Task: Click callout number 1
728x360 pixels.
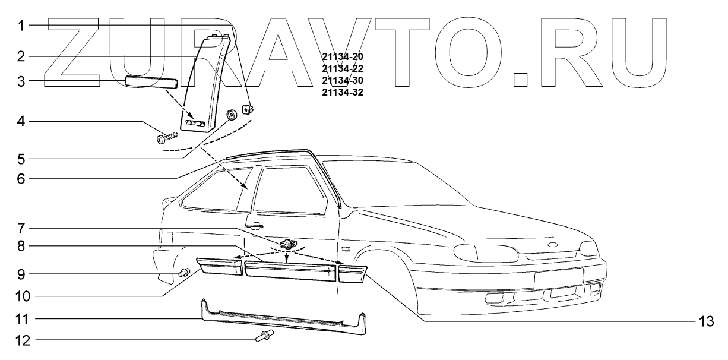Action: pyautogui.click(x=21, y=26)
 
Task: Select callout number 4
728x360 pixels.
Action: pyautogui.click(x=21, y=122)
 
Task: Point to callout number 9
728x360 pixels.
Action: pyautogui.click(x=21, y=274)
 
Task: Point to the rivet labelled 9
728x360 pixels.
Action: pyautogui.click(x=184, y=273)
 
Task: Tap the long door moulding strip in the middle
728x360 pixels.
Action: pyautogui.click(x=290, y=271)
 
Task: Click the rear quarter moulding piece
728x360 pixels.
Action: pyautogui.click(x=220, y=266)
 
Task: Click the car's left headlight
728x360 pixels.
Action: pyautogui.click(x=484, y=252)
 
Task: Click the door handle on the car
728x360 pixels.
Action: pyautogui.click(x=256, y=225)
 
